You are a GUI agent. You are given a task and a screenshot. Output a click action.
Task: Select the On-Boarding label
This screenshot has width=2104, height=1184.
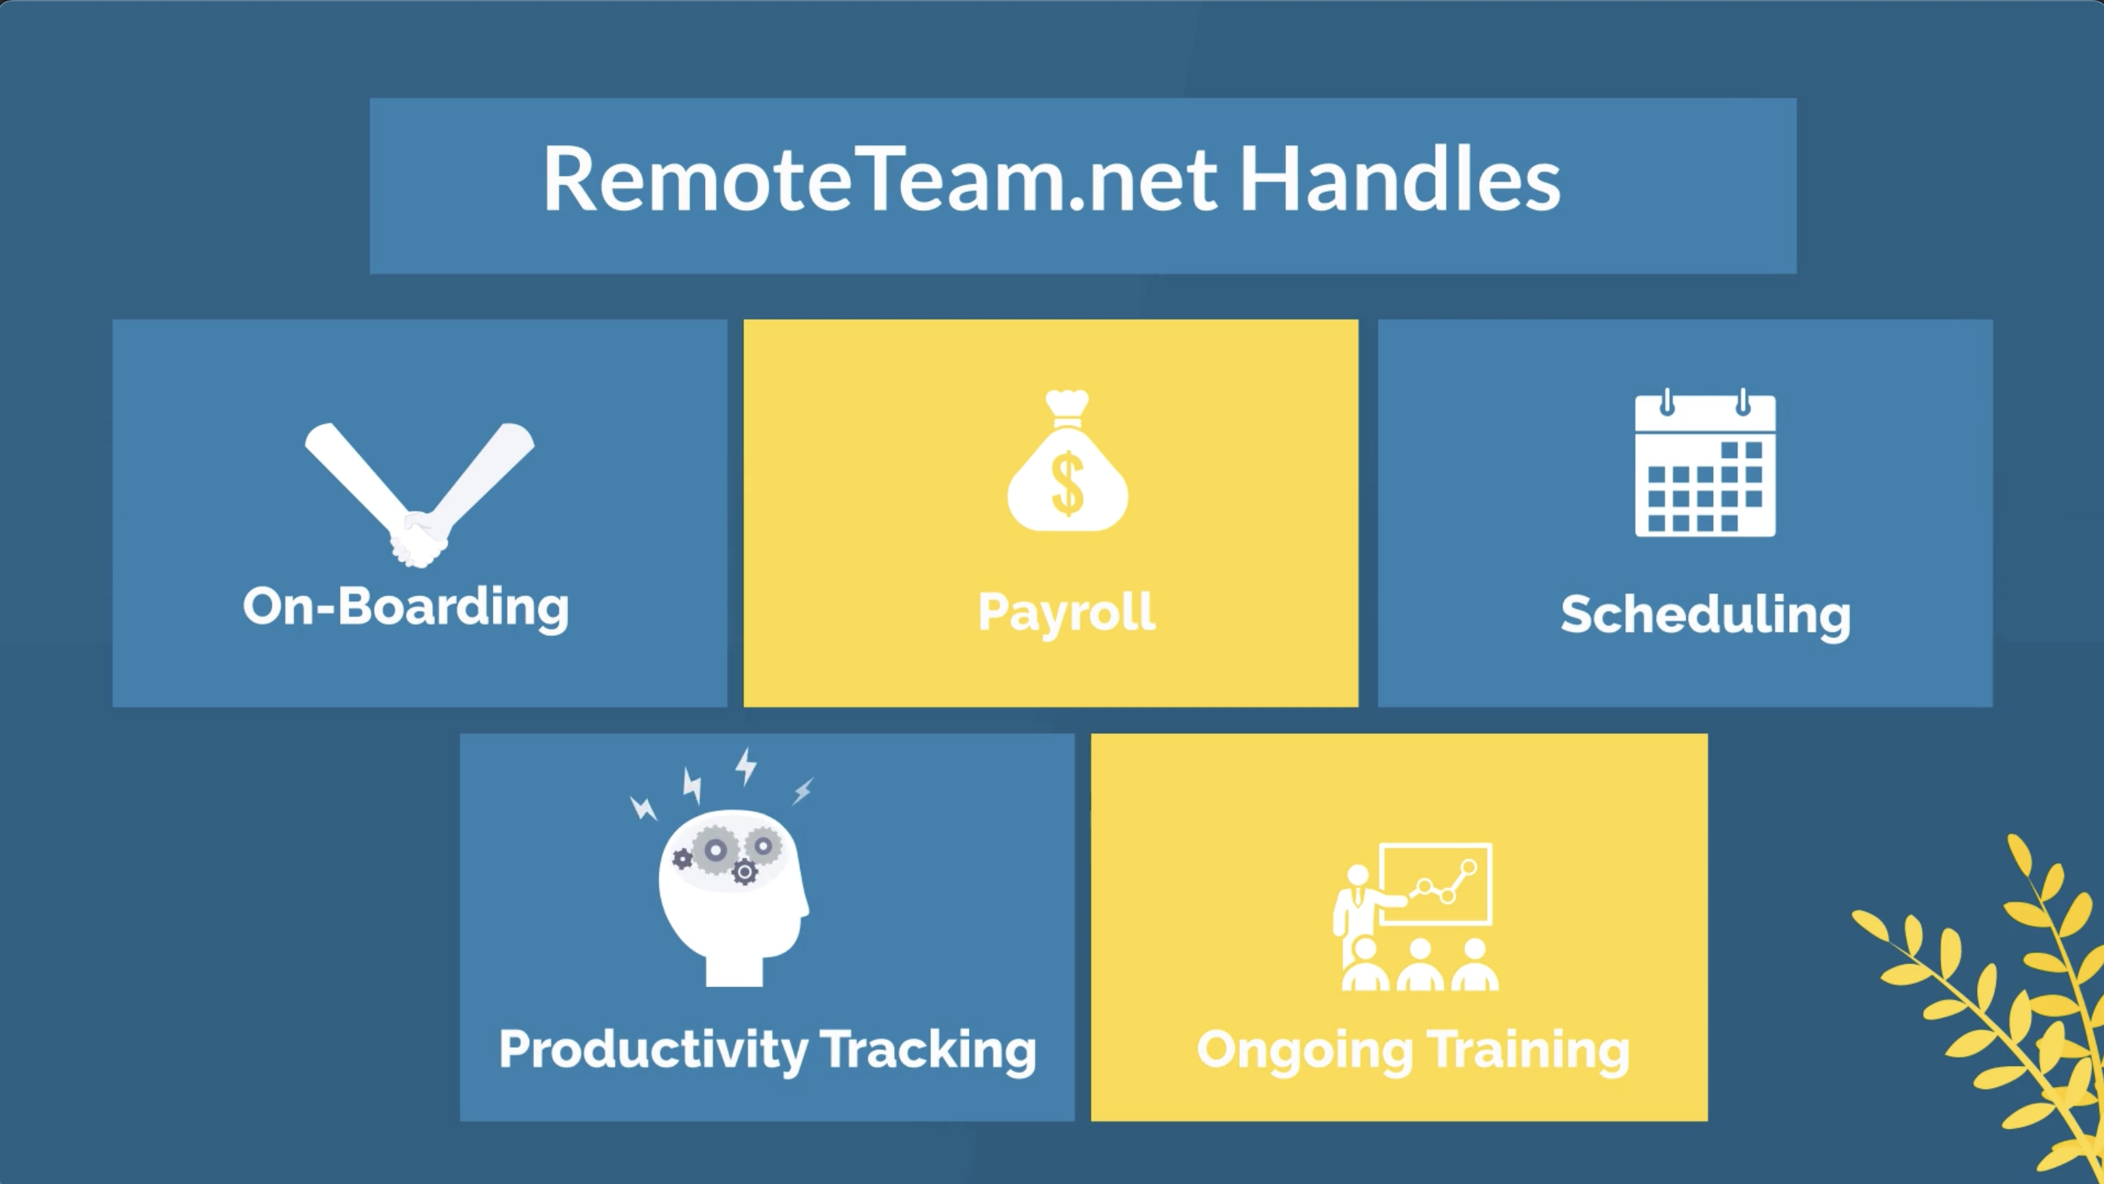(x=406, y=607)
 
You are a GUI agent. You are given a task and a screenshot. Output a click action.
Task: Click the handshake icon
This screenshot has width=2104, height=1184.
(x=419, y=495)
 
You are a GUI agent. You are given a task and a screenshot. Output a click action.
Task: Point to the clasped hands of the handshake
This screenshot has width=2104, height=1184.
(x=418, y=540)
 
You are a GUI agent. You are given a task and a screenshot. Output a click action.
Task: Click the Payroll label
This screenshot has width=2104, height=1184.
(x=1067, y=612)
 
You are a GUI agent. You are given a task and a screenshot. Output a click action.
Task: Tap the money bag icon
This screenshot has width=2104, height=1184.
(x=1067, y=461)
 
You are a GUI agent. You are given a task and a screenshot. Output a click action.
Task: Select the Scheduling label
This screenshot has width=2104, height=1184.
(x=1705, y=616)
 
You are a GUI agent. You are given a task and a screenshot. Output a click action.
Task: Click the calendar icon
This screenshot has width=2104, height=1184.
(x=1705, y=463)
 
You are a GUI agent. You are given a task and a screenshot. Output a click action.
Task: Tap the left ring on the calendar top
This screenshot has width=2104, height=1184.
(x=1667, y=401)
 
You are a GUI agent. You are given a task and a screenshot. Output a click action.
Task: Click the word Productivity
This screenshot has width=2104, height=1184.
(x=653, y=1050)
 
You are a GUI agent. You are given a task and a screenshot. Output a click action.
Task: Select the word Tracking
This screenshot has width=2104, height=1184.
(x=929, y=1050)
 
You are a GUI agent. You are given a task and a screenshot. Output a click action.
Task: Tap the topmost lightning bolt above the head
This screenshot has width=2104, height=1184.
(x=746, y=766)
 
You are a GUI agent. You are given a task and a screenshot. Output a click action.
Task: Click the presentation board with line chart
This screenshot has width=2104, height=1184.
(x=1436, y=885)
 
